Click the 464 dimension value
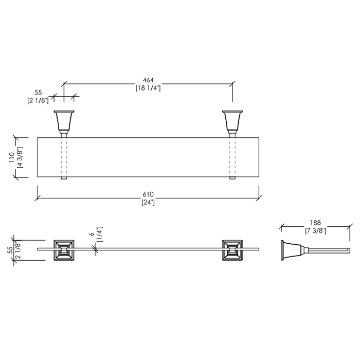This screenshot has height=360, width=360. click(x=148, y=80)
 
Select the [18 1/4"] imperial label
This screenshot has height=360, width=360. click(x=148, y=88)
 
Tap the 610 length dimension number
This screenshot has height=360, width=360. click(x=148, y=194)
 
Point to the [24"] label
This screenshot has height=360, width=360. click(x=148, y=203)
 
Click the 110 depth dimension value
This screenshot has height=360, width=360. click(x=12, y=157)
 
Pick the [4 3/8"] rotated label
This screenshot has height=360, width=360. click(x=20, y=157)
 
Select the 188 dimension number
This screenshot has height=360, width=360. click(x=315, y=223)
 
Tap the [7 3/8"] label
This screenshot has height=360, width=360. click(x=315, y=231)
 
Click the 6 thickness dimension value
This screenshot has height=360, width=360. click(x=92, y=234)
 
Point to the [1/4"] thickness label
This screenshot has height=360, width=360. click(x=100, y=234)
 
